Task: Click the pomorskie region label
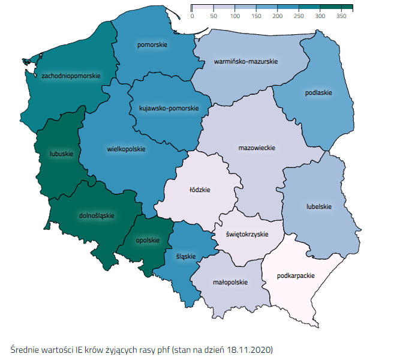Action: pos(152,45)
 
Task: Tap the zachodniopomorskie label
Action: pos(71,76)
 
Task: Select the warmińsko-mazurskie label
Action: pos(245,61)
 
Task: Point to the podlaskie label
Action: pos(318,93)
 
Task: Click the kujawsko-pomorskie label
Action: pos(169,108)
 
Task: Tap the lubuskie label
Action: pos(61,154)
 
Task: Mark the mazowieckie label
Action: pos(257,148)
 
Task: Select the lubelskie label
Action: pos(318,206)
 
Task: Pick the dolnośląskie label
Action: pos(97,215)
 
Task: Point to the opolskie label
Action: pos(148,240)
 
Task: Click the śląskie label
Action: pos(187,256)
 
